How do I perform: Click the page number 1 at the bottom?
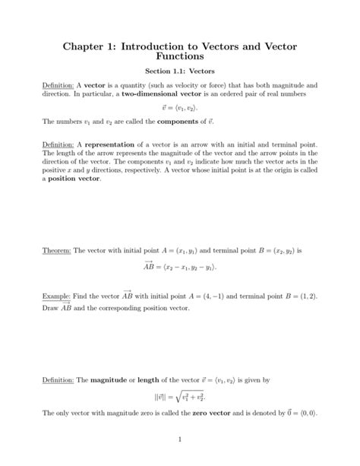[179, 439]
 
